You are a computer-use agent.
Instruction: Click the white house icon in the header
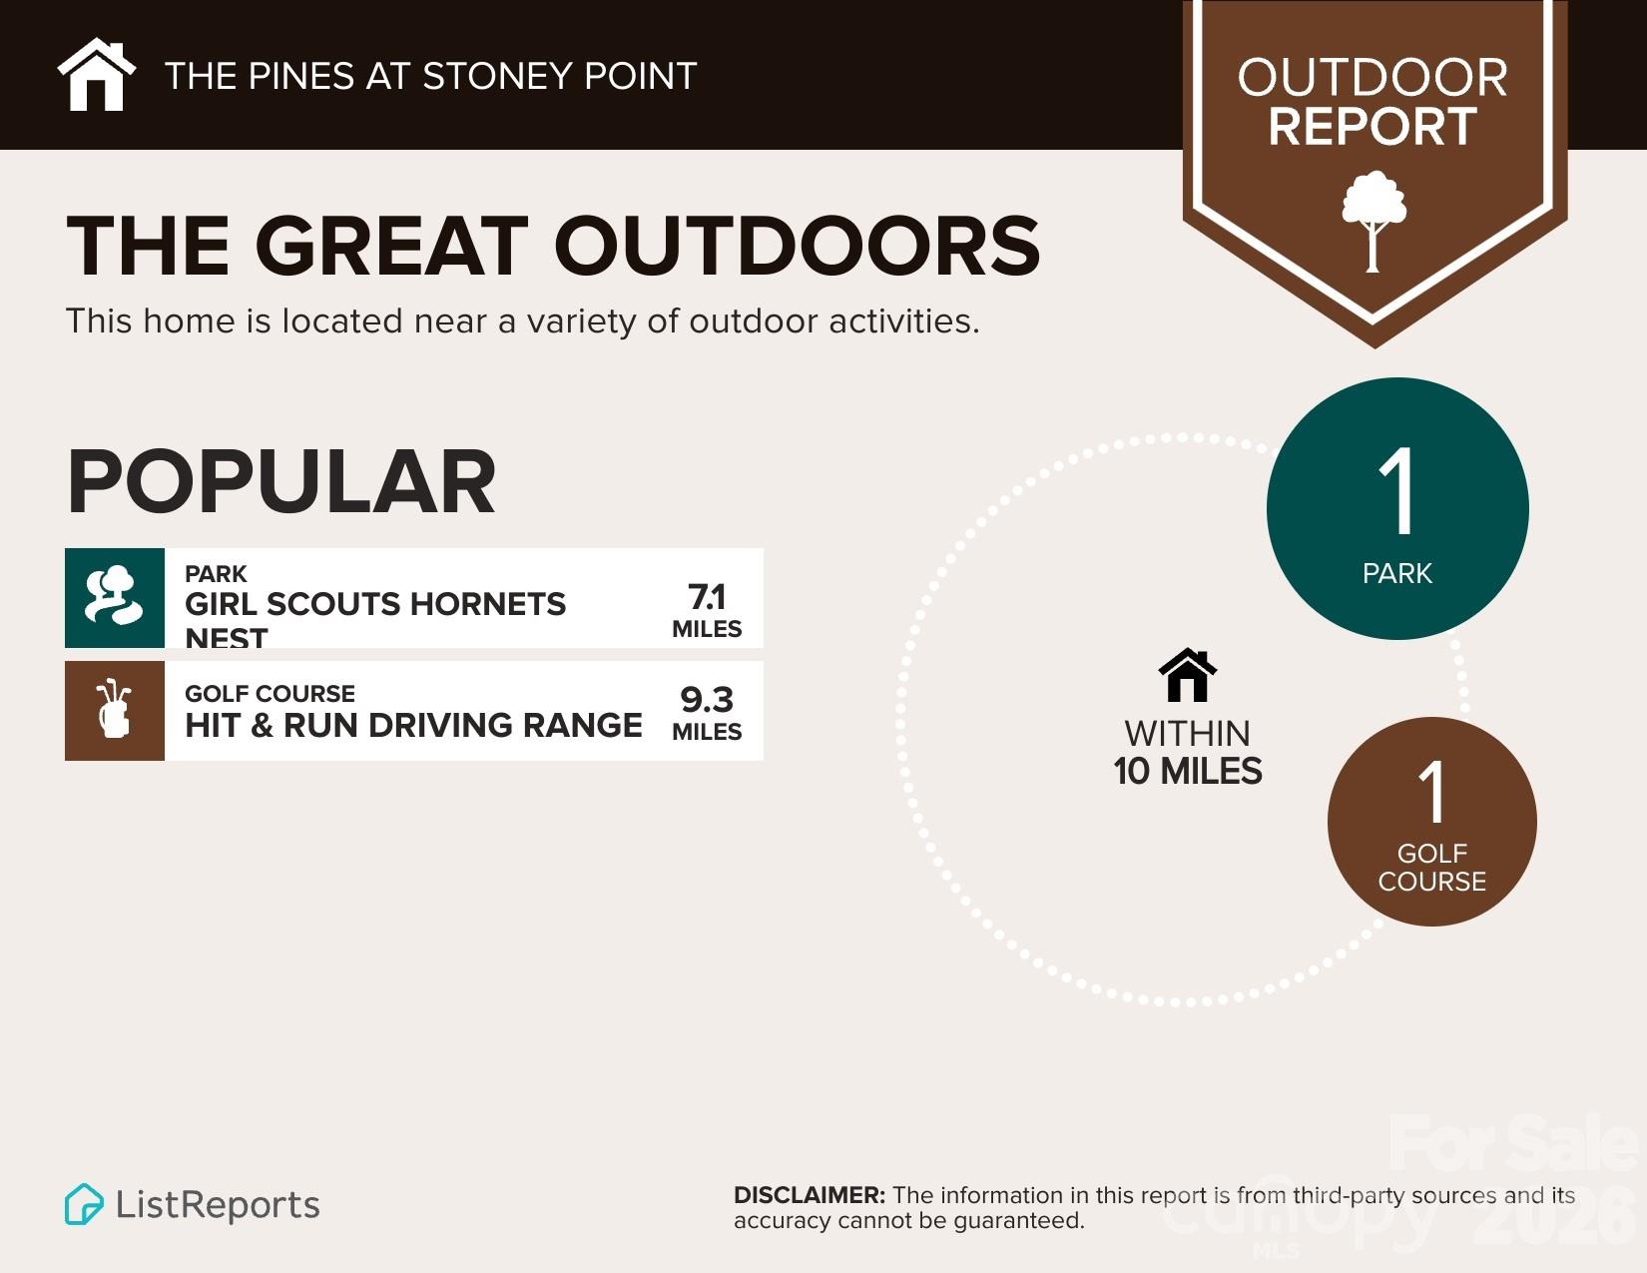[96, 75]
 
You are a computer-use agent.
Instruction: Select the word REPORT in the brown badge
[1372, 127]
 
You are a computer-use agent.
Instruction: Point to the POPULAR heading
[281, 482]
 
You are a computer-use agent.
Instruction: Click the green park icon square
[115, 598]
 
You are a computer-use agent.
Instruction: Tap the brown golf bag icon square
[115, 711]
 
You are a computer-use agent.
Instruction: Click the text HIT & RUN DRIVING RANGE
[413, 725]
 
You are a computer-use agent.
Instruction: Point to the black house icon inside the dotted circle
[1187, 676]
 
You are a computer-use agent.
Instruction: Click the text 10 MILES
[1188, 772]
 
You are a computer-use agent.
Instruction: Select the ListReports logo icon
[84, 1204]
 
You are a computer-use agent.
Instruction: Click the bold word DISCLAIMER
[809, 1195]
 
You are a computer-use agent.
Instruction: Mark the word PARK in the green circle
[1397, 573]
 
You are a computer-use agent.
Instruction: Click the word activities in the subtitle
[903, 321]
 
